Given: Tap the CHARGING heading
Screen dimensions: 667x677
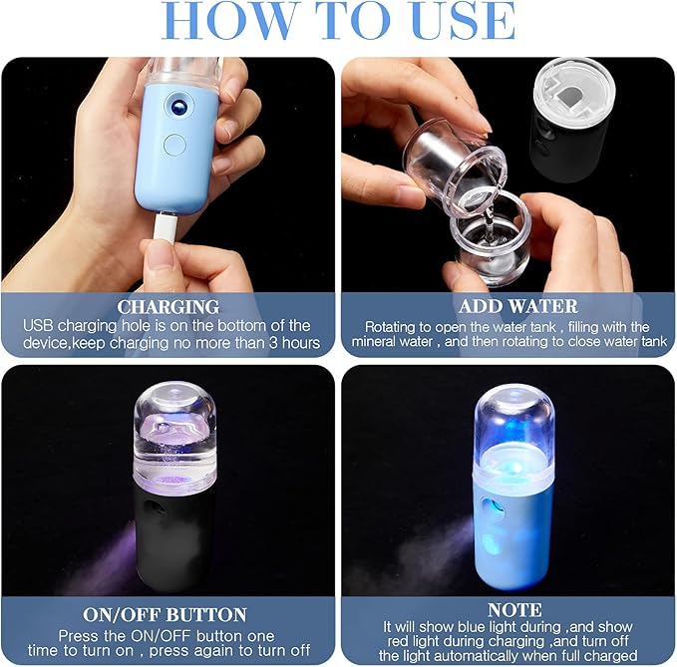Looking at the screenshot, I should pos(168,306).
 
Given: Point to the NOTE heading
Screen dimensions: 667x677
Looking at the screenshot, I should pos(508,608).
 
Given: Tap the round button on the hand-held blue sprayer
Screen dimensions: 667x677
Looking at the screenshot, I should pos(176,145).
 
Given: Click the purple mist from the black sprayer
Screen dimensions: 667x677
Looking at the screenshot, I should pos(109,558).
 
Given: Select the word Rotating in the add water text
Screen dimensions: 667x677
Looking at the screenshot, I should pos(393,326).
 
